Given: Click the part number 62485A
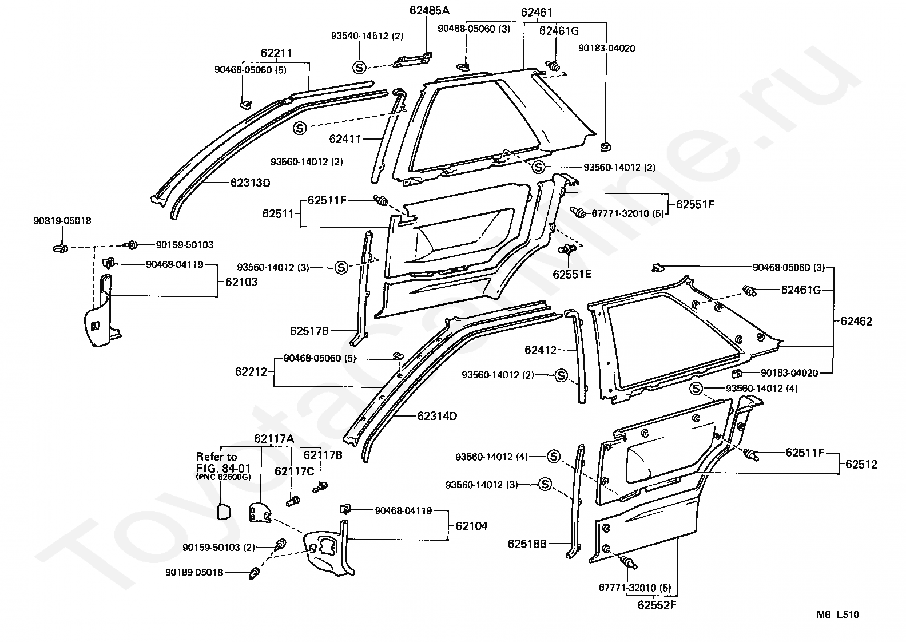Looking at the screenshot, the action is coord(429,10).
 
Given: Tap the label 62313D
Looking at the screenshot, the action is coord(250,183).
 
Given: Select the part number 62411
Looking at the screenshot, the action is coord(344,139).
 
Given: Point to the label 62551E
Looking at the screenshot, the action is coord(572,274).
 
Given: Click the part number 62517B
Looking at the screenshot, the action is coord(309,331).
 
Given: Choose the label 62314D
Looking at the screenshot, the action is coord(437,416).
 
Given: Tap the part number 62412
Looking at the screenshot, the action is coord(541,350).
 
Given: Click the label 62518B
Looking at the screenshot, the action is coord(527,544).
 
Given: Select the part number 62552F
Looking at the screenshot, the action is coord(657,605).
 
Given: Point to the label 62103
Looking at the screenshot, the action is coord(241,282).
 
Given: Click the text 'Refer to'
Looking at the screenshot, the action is coord(216,457).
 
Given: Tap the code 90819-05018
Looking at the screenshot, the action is coord(62,221).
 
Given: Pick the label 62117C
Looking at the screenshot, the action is coord(294,471).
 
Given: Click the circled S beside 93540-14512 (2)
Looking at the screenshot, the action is coord(359,67).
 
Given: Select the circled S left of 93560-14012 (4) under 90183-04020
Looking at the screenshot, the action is coord(696,389).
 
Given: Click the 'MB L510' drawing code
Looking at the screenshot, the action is coord(837,615).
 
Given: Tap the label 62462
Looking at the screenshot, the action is coord(856,321).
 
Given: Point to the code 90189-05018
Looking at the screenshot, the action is coord(194,572).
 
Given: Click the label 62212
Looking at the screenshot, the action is coord(251,372).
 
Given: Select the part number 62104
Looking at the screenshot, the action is coord(471,526).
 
